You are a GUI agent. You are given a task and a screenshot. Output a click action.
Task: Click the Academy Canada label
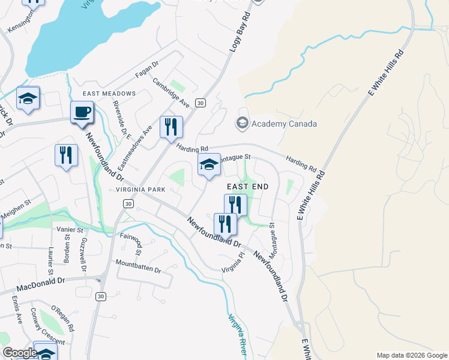(x=284, y=124)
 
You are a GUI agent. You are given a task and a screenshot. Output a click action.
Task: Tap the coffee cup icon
(x=82, y=112)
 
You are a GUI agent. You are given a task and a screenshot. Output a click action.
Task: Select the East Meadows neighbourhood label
(x=109, y=94)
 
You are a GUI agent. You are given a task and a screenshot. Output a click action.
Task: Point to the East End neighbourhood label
(x=247, y=187)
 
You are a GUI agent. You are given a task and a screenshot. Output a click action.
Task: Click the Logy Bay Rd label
(x=240, y=31)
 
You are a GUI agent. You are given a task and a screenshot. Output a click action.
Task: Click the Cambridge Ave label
(x=170, y=92)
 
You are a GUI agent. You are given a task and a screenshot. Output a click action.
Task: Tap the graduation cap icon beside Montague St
(x=208, y=165)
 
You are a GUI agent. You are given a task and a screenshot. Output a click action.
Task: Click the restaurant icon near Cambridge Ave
(x=172, y=127)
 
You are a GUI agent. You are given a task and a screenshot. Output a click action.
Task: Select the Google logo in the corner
(x=19, y=353)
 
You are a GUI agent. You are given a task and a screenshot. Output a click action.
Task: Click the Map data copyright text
(x=411, y=355)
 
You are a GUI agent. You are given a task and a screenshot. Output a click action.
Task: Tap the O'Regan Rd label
(x=63, y=320)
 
